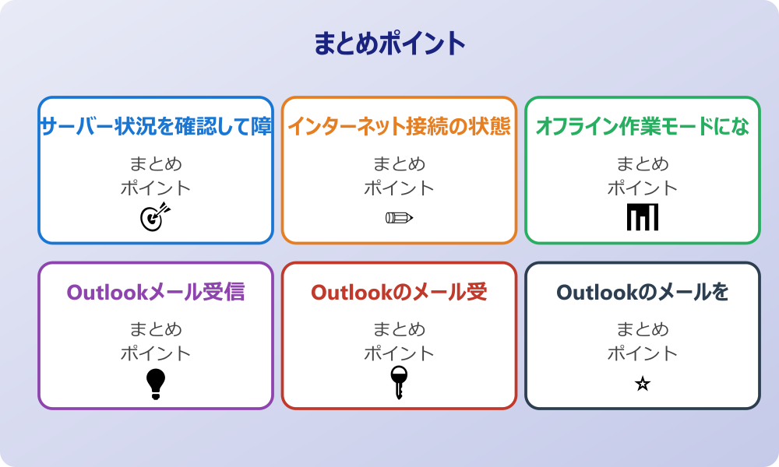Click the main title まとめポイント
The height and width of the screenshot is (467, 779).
point(389,44)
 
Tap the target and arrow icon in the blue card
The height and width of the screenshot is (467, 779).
point(154,217)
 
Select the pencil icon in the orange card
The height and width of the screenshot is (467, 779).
point(399,217)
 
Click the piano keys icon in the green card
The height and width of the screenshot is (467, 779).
point(643,217)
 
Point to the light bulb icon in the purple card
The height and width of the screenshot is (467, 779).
point(156,383)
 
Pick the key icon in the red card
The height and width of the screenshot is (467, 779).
point(399,383)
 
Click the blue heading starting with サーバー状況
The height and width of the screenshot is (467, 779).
point(156,126)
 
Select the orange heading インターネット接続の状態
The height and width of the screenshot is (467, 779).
point(399,126)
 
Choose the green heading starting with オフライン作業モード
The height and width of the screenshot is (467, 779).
point(643,126)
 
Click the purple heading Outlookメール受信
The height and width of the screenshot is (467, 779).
point(156,292)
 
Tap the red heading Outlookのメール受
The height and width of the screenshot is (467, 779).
point(399,292)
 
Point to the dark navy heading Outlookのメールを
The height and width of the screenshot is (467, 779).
point(643,292)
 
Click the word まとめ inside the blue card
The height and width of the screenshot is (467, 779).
point(156,164)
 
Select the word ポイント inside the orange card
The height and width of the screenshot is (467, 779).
point(399,188)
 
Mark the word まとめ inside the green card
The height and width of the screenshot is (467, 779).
point(643,164)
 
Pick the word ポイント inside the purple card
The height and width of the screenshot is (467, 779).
point(156,353)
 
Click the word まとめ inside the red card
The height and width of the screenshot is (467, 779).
point(399,329)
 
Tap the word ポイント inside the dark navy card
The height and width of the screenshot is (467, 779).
point(643,353)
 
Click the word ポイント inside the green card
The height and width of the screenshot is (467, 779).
point(643,188)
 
